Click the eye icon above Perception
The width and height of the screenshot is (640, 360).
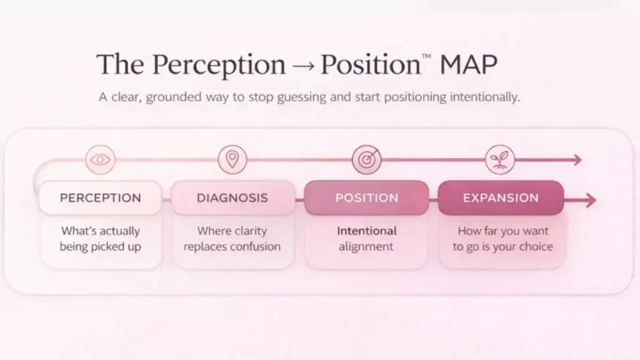point(99,160)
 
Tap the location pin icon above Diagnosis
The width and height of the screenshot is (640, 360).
point(232,160)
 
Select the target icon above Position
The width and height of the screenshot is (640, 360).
point(366,160)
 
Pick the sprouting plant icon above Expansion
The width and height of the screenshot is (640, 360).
point(499,160)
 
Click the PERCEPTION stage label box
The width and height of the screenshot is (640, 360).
point(100,198)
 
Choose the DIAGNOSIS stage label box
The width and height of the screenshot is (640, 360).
point(232,198)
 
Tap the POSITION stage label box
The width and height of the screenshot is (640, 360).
point(366,198)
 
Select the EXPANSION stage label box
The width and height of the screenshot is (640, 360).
point(501,198)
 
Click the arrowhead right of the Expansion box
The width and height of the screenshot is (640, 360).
point(589,200)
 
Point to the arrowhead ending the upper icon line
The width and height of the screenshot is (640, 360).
point(577,161)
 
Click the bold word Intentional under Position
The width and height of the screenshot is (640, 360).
point(366,231)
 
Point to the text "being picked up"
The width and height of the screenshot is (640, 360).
point(100,247)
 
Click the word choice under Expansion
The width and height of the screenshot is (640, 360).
point(534,247)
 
